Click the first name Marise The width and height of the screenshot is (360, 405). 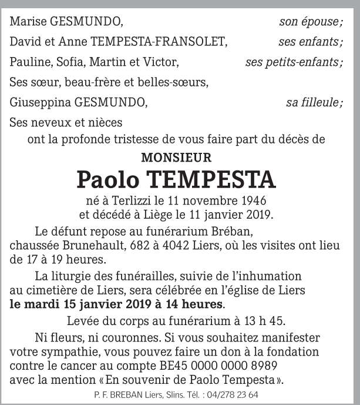pyautogui.click(x=28, y=23)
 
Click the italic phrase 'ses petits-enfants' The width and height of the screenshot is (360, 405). pyautogui.click(x=291, y=62)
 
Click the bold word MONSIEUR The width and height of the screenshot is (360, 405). pyautogui.click(x=176, y=158)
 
